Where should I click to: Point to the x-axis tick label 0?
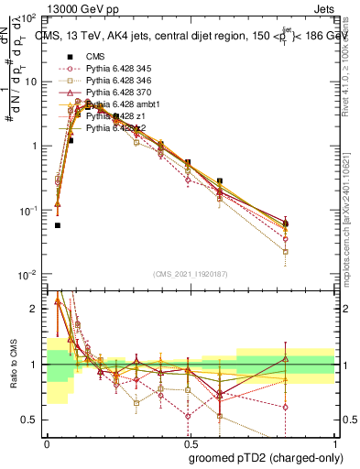click(x=47, y=442)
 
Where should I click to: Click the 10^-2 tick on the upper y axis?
click(x=28, y=275)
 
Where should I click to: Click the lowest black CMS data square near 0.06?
click(x=58, y=225)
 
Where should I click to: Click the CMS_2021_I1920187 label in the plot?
click(x=190, y=274)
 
